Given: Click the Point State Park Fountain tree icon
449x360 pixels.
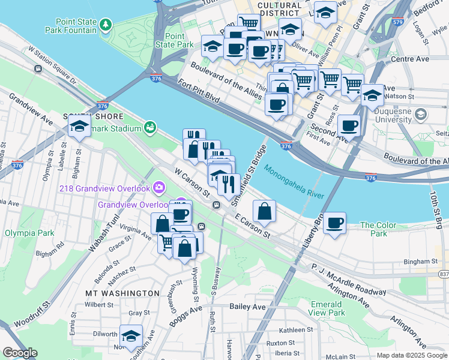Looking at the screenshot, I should click(106, 24).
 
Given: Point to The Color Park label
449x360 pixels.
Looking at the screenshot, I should click(378, 229).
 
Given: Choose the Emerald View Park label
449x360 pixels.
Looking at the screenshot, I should click(327, 308).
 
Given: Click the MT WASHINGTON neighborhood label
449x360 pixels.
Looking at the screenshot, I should click(122, 293).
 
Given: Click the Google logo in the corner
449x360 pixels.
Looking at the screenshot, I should click(20, 353).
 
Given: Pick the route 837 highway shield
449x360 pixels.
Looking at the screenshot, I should click(443, 274).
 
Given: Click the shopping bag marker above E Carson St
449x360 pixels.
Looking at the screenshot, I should click(264, 211).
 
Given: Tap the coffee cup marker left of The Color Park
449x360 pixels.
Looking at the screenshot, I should click(335, 223).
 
